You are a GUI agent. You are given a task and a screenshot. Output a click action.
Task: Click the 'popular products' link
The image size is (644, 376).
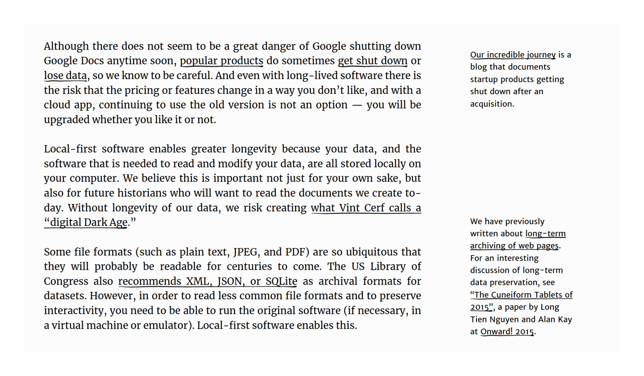[x=221, y=61]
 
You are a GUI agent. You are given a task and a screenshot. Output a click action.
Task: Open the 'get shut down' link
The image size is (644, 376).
[x=372, y=61]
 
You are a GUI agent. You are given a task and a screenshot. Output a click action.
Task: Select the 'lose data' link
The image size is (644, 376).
[x=65, y=76]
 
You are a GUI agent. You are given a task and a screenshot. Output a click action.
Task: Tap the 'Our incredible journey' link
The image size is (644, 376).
[x=513, y=54]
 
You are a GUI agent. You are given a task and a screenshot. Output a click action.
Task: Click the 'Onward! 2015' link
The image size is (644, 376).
[x=507, y=331]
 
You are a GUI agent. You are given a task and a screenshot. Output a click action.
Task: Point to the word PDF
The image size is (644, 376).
[x=295, y=252]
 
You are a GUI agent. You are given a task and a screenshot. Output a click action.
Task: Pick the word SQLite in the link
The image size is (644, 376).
[x=281, y=281]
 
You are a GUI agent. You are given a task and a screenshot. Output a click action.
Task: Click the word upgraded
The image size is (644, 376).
[x=66, y=120]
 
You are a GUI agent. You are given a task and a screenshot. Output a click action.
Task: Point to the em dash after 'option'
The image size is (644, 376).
[x=357, y=105]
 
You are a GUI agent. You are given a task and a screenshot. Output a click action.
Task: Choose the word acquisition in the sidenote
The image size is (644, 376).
[x=492, y=104]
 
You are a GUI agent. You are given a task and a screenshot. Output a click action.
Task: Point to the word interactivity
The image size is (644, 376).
[x=75, y=311]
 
